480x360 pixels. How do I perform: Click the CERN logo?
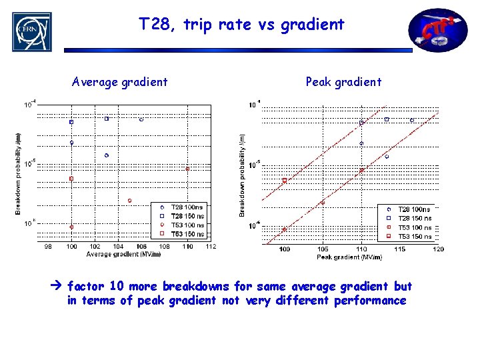[x=31, y=31]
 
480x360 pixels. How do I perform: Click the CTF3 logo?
[x=437, y=30]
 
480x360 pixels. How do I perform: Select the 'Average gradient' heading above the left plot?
[x=120, y=82]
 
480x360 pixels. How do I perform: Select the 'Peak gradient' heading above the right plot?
[x=343, y=82]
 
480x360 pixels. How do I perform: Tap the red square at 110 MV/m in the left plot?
[x=187, y=169]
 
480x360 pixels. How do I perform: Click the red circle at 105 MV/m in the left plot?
[x=129, y=201]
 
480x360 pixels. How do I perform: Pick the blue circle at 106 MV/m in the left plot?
[x=141, y=119]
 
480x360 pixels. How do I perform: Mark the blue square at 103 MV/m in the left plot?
[x=107, y=119]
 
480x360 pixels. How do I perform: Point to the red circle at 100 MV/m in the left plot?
[x=71, y=227]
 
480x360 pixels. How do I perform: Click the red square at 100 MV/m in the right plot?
[x=285, y=180]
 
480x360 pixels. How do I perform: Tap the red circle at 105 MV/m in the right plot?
[x=323, y=203]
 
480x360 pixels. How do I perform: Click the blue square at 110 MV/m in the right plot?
[x=361, y=123]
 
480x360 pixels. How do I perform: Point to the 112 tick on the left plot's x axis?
[x=211, y=247]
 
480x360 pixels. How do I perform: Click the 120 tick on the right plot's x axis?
[x=438, y=249]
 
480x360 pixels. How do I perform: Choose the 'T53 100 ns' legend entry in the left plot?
[x=187, y=225]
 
